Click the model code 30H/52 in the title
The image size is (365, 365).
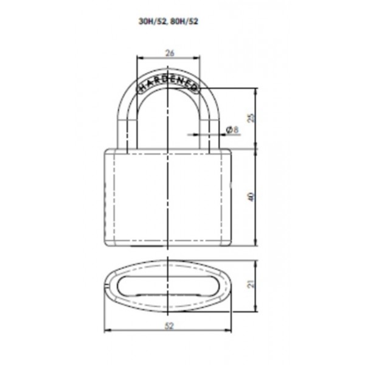coord(153,21)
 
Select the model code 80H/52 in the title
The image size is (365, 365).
coord(184,21)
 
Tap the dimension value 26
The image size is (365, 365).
coord(170,53)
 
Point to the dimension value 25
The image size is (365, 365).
coord(251,118)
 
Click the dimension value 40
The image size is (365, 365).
coord(251,197)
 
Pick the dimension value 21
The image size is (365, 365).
coord(251,284)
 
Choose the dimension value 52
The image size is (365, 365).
coord(169,325)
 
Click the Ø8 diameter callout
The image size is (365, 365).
coord(233,130)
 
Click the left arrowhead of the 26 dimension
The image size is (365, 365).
coord(139,58)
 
